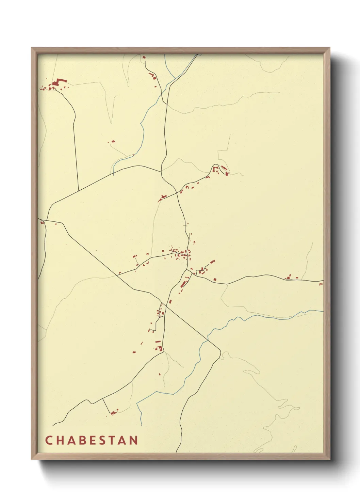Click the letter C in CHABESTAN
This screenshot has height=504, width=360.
(x=48, y=440)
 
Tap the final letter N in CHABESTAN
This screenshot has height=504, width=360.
(x=134, y=440)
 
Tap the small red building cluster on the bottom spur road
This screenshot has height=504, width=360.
(x=114, y=412)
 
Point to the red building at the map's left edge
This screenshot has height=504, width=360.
(x=42, y=222)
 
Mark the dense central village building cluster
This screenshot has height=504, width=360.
(x=180, y=253)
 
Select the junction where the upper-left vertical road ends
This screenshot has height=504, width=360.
(x=79, y=191)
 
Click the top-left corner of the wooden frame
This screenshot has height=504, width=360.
(x=32, y=48)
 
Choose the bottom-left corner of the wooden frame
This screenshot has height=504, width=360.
(x=32, y=459)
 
